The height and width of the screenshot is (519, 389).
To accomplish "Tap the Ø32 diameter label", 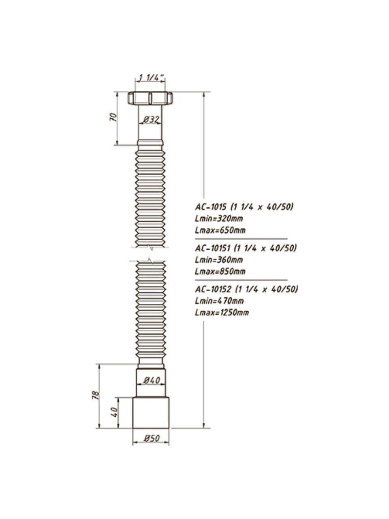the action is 151,120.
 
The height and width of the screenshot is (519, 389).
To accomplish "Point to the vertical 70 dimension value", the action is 113,117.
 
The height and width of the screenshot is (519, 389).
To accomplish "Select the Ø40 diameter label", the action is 152,380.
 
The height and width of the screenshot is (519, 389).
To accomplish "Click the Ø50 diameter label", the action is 152,438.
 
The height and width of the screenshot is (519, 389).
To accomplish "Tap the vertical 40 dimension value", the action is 114,412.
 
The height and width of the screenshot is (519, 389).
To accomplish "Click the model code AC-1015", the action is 211,207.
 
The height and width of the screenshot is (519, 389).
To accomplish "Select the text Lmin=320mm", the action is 219,219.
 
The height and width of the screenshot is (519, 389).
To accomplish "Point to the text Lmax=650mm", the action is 220,230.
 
